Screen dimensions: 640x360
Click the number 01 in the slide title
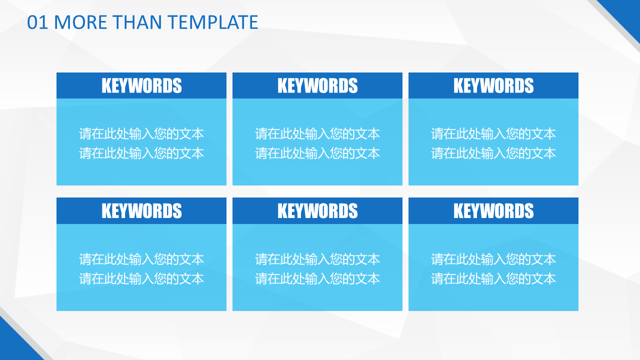point(37,22)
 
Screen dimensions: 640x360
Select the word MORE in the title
point(80,22)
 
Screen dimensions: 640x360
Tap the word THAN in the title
point(137,22)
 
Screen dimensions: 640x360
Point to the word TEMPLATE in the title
point(213,22)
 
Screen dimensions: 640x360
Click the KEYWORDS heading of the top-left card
point(141,85)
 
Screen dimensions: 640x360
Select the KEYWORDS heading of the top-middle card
point(317,85)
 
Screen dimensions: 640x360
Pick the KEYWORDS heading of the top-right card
point(493,85)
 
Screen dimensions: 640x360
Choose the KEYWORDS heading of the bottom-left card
point(141,210)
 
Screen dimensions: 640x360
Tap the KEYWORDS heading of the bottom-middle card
point(317,210)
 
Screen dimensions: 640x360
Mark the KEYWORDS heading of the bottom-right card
point(493,210)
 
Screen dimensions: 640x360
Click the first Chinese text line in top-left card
point(141,133)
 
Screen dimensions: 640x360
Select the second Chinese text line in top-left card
point(141,153)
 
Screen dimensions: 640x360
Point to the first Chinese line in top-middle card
point(317,133)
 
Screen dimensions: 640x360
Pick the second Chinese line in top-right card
point(493,153)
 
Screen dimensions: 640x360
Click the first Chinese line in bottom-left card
point(141,259)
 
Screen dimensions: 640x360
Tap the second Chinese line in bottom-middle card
point(317,278)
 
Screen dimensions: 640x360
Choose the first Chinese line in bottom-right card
point(493,259)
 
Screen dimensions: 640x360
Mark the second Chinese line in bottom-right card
point(493,278)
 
